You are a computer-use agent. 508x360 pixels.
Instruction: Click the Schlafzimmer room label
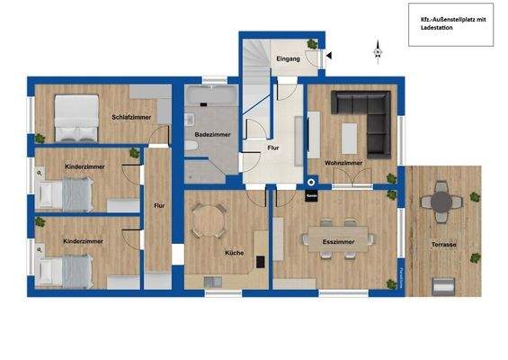click(x=130, y=117)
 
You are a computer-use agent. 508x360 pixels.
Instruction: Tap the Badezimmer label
click(x=212, y=135)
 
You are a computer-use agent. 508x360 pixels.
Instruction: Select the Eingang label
click(x=288, y=59)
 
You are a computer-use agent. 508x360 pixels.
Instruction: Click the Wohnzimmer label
click(x=343, y=163)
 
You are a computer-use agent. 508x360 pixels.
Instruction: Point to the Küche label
click(x=235, y=253)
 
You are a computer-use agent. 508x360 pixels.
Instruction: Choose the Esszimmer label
click(x=337, y=242)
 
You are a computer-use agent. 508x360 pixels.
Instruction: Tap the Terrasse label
click(x=443, y=245)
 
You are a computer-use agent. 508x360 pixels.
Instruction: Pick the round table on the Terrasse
click(x=441, y=202)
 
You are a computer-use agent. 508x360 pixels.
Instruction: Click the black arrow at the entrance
click(x=329, y=56)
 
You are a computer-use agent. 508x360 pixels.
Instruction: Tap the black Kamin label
click(x=312, y=195)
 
